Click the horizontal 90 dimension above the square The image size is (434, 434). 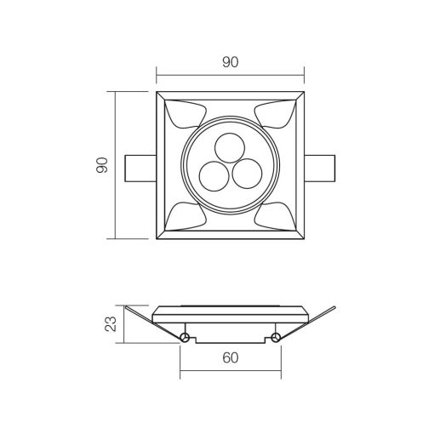(x=231, y=62)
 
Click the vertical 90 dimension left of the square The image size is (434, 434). (x=102, y=165)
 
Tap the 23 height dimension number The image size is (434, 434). (x=111, y=323)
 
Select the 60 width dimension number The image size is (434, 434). (x=231, y=357)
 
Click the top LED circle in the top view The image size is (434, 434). (x=230, y=148)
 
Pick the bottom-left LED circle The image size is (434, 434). (x=214, y=176)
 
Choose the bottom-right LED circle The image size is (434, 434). (x=247, y=174)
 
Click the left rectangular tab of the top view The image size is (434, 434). (x=140, y=168)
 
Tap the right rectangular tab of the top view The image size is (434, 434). (x=320, y=168)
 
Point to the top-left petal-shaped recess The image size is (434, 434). (x=185, y=114)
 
